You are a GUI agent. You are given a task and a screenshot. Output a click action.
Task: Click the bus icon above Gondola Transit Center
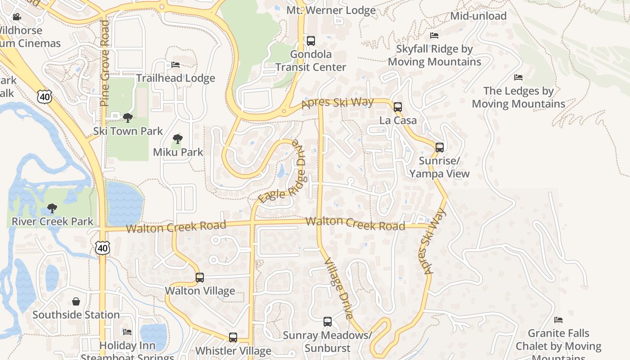click(310, 41)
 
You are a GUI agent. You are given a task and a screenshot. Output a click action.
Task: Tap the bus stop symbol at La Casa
click(398, 107)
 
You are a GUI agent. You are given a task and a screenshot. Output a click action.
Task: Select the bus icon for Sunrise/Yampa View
click(440, 147)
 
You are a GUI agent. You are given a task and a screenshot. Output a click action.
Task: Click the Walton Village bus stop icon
click(200, 278)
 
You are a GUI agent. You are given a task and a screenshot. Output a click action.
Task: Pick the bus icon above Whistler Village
click(233, 337)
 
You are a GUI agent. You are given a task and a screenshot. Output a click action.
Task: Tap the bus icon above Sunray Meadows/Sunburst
click(328, 322)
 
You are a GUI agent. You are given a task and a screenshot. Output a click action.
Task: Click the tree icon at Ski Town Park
click(128, 118)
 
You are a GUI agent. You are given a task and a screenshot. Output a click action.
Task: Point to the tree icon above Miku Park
click(178, 139)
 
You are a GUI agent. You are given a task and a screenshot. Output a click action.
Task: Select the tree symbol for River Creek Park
click(52, 208)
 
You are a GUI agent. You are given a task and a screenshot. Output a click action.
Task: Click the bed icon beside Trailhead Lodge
click(175, 65)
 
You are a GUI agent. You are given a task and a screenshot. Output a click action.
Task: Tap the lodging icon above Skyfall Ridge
click(434, 36)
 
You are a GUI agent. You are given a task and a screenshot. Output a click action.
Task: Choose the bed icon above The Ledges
click(518, 77)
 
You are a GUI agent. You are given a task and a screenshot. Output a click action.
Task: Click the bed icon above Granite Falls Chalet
click(558, 320)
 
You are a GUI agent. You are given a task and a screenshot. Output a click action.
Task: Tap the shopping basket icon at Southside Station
click(76, 301)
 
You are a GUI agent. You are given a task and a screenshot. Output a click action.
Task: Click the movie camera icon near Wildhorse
click(17, 17)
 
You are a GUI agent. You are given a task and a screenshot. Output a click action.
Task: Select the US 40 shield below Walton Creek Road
click(102, 247)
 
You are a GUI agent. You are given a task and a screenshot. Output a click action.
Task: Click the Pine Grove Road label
click(105, 63)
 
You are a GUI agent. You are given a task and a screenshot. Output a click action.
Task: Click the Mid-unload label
click(478, 16)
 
